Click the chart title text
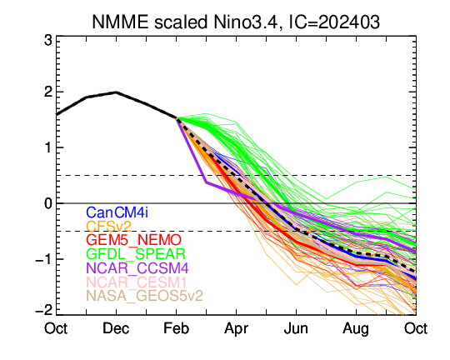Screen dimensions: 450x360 tap(236, 22)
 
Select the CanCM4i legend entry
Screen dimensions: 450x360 tap(117, 212)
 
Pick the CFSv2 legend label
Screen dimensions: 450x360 tap(109, 227)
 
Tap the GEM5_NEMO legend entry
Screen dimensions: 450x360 tap(133, 240)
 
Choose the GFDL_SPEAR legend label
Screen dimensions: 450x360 tap(136, 254)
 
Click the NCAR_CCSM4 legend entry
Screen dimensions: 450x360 tap(137, 268)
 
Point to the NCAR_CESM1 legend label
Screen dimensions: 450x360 tap(137, 282)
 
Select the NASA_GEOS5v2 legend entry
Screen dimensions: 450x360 tap(145, 296)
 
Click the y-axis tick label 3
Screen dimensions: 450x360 tap(48, 41)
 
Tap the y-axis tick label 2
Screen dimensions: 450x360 tap(48, 92)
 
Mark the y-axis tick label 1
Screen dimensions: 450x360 tap(48, 147)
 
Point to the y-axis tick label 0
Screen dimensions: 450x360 tap(48, 203)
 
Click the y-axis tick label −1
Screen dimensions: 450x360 tap(43, 259)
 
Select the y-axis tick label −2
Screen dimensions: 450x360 tap(43, 310)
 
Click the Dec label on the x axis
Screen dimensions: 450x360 tap(116, 328)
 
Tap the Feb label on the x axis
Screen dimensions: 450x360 tap(176, 328)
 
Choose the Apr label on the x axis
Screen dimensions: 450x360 tap(236, 329)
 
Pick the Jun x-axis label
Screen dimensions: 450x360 tap(296, 328)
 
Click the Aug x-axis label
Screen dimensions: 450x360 tap(356, 329)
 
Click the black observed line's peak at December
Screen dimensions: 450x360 tap(116, 92)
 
